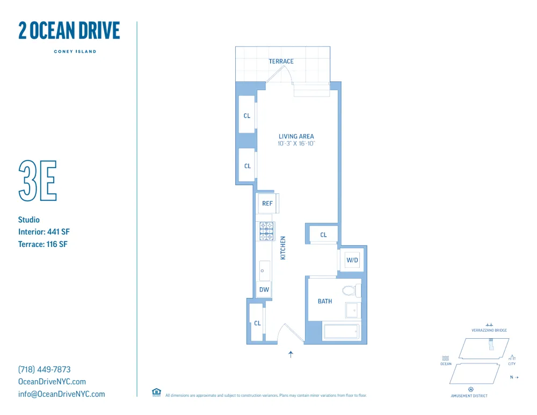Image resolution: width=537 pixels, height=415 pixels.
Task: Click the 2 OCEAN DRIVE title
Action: [x=69, y=31]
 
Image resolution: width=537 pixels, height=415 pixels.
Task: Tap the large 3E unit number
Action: [x=37, y=180]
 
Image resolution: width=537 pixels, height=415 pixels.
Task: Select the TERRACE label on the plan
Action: [x=281, y=61]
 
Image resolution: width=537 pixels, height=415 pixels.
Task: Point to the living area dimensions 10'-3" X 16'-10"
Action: [x=296, y=144]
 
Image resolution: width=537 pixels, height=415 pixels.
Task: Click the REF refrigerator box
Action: [x=267, y=203]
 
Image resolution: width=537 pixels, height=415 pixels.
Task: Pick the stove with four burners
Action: [x=267, y=231]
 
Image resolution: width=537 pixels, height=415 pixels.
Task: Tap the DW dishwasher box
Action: [x=264, y=290]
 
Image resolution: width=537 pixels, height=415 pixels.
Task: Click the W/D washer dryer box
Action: [x=352, y=260]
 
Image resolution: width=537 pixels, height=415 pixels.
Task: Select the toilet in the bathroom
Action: [x=350, y=292]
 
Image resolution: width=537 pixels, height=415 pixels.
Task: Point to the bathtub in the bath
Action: [x=341, y=331]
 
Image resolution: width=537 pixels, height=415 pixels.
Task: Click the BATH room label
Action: [x=325, y=301]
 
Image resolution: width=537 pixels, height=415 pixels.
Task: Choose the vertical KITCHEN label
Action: [x=283, y=248]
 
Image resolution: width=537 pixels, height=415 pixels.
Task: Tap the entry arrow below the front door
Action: [x=291, y=354]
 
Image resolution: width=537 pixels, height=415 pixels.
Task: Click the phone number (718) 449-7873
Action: [x=44, y=369]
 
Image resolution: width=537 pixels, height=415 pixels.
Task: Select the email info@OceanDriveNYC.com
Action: [x=61, y=394]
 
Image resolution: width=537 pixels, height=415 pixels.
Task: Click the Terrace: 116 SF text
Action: [x=43, y=244]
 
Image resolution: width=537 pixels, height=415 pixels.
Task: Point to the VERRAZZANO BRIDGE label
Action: [x=489, y=330]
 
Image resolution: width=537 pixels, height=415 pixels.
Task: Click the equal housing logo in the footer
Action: [x=156, y=392]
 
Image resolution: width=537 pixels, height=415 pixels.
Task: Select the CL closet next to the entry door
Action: [x=257, y=323]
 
